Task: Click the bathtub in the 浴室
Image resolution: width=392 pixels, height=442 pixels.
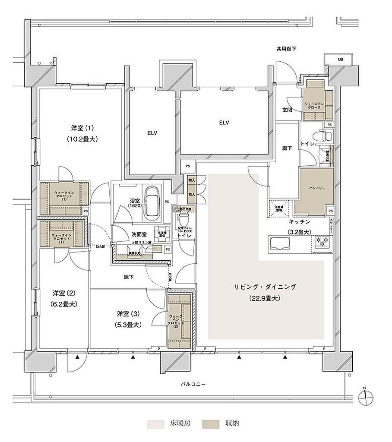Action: click(151, 201)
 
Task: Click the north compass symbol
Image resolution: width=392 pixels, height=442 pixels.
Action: click(365, 395)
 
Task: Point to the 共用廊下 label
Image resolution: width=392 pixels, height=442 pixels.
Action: click(286, 49)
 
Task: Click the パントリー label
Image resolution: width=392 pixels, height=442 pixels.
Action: click(316, 189)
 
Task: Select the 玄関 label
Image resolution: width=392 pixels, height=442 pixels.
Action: click(288, 110)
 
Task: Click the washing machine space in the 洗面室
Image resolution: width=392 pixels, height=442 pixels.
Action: click(162, 233)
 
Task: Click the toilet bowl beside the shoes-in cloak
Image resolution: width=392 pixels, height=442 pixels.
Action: click(325, 136)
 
